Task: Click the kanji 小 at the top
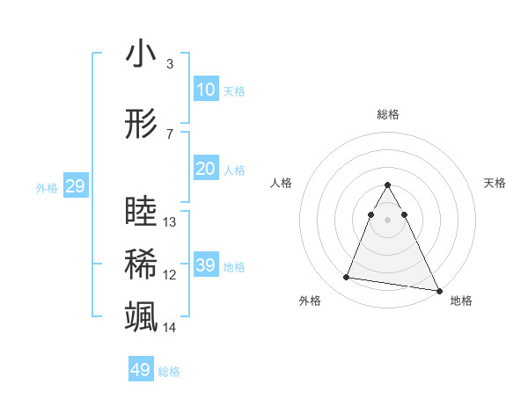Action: (x=141, y=54)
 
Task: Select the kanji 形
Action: (x=141, y=125)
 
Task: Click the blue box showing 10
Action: (x=205, y=90)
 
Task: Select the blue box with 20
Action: (x=205, y=169)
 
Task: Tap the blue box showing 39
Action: (x=205, y=265)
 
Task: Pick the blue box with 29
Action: (x=75, y=186)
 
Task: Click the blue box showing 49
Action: (x=141, y=370)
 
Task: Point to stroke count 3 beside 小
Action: (x=169, y=64)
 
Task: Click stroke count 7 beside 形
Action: (x=169, y=134)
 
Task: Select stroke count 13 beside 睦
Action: (x=170, y=222)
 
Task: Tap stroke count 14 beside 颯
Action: (x=170, y=328)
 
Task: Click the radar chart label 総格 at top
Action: (x=388, y=114)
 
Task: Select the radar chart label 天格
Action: (x=495, y=183)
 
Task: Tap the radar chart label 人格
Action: (x=281, y=183)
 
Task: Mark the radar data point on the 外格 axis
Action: (x=346, y=278)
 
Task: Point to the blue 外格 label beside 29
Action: (x=47, y=187)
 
